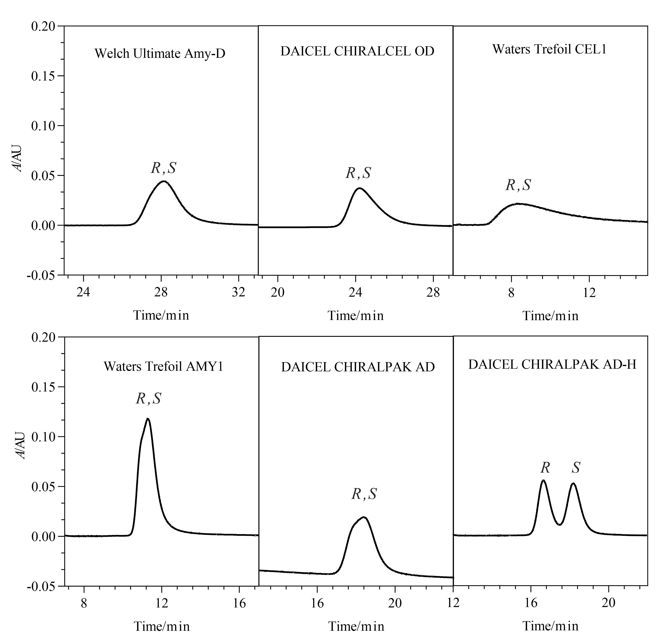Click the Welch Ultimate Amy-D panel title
(x=160, y=54)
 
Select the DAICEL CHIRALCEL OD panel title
(x=357, y=51)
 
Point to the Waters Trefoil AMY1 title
(x=163, y=366)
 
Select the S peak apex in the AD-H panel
(x=573, y=483)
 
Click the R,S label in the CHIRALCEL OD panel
(x=358, y=173)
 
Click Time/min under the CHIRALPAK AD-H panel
(x=551, y=626)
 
